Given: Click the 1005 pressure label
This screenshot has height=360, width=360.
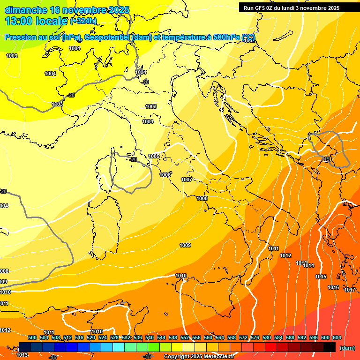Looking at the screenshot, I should [x=154, y=156].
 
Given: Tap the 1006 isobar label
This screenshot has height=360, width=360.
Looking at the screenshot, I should [x=165, y=175].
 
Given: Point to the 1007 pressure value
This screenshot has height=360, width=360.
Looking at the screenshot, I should [x=187, y=180].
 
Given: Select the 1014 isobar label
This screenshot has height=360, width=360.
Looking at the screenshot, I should [x=308, y=266].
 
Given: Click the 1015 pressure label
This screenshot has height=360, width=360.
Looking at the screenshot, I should [x=321, y=277].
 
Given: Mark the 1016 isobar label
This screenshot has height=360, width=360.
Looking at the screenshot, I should [x=333, y=287].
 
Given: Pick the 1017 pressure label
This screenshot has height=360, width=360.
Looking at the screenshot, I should [x=350, y=290].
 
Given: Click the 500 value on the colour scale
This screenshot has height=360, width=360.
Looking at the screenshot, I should [x=32, y=337].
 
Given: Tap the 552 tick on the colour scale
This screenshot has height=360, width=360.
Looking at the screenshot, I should [x=185, y=337].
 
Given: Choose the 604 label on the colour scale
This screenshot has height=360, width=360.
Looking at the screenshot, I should [x=337, y=337].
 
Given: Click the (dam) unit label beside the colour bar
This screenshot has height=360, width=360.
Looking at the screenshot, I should [x=347, y=348].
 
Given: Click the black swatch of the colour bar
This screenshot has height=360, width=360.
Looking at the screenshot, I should [x=330, y=347].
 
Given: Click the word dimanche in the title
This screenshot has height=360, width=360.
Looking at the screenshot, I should [x=25, y=10].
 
